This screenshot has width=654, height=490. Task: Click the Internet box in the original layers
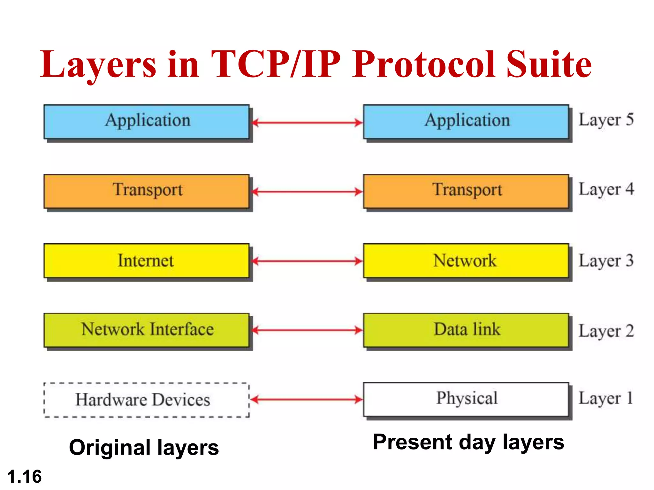click(x=146, y=261)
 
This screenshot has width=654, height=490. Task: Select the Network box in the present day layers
click(x=466, y=261)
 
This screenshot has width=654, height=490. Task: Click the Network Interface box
click(x=146, y=330)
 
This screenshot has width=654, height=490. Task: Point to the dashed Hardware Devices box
click(x=146, y=400)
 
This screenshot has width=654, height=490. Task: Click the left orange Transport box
click(x=146, y=191)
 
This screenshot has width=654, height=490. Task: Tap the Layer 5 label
click(x=606, y=120)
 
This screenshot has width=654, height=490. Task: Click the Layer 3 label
click(x=606, y=261)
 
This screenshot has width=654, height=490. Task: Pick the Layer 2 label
click(x=606, y=331)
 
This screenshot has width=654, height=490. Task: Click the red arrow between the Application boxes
click(x=307, y=122)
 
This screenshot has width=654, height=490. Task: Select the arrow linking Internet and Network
click(x=307, y=261)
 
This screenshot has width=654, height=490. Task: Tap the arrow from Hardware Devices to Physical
click(x=307, y=399)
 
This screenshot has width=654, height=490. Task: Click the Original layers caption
click(x=144, y=448)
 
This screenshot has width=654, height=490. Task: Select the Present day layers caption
click(x=468, y=442)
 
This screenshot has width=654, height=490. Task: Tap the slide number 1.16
click(x=24, y=477)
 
